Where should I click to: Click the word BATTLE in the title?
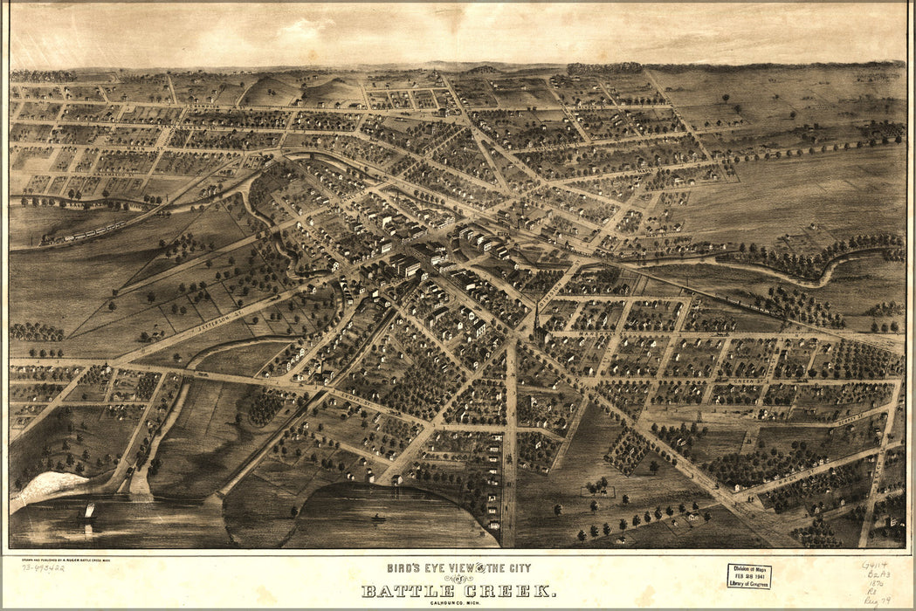point(409,592)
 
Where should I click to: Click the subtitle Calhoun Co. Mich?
point(458,604)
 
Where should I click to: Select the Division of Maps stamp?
point(748,575)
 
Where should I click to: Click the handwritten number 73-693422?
point(43,567)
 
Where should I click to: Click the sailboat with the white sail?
point(88,511)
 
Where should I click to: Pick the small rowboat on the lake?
point(379,518)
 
